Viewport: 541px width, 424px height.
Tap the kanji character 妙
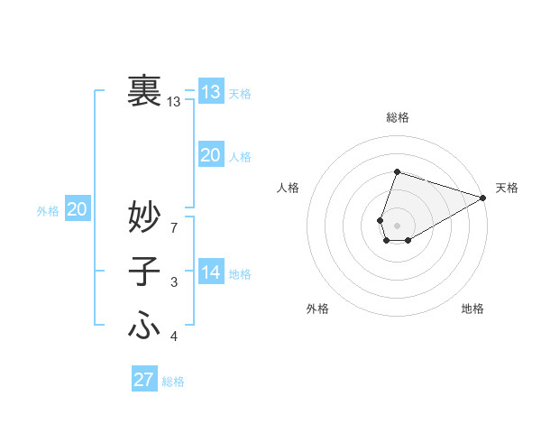[x=144, y=217]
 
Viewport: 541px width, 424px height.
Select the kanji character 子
[x=144, y=272]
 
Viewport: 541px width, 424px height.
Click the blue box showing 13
[x=210, y=91]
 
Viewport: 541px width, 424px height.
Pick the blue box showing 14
[x=210, y=272]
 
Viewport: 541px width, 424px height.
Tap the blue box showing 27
[x=144, y=379]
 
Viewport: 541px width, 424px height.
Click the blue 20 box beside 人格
[x=210, y=155]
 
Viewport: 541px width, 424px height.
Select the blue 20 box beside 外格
[x=77, y=209]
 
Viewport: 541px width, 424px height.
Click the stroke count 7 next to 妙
[x=173, y=228]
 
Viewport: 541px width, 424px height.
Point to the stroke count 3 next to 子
[x=173, y=283]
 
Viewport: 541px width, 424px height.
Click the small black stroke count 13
[x=173, y=102]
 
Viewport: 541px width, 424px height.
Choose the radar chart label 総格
[x=398, y=117]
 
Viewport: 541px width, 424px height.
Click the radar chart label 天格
[x=507, y=188]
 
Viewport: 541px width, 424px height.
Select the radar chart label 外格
[x=317, y=309]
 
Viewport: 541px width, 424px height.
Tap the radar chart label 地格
[x=472, y=309]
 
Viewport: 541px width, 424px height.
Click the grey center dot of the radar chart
[x=398, y=226]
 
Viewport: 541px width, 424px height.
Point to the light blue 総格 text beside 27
[x=173, y=381]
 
